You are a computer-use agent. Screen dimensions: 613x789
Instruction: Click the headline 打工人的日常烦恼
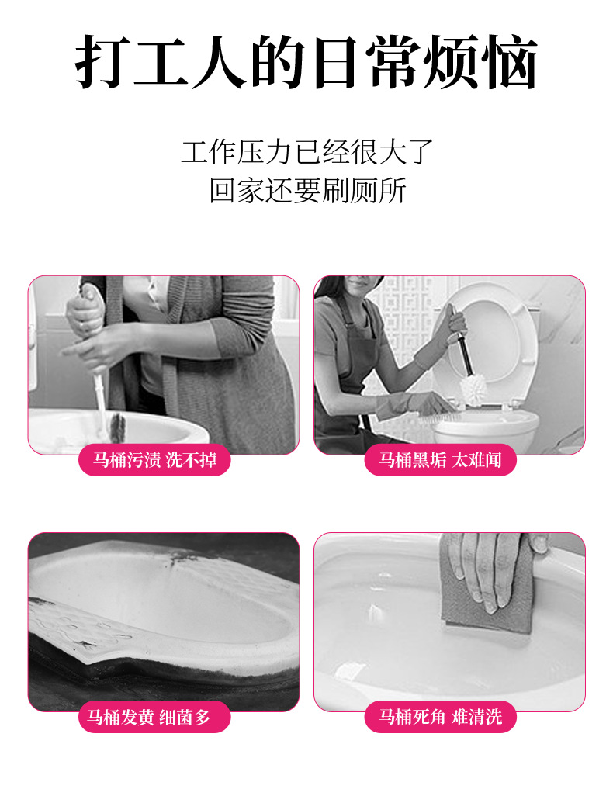tap(306, 62)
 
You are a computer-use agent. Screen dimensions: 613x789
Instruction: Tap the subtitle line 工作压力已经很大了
tap(307, 151)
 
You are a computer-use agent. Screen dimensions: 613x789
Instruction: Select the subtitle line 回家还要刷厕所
tap(307, 191)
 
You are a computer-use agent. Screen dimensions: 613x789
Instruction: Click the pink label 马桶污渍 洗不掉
tap(154, 460)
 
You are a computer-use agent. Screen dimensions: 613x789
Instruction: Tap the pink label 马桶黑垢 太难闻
tap(441, 460)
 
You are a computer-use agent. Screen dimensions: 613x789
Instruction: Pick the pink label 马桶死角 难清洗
tap(441, 717)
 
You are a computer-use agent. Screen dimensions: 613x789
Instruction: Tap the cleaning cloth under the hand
tap(486, 583)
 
